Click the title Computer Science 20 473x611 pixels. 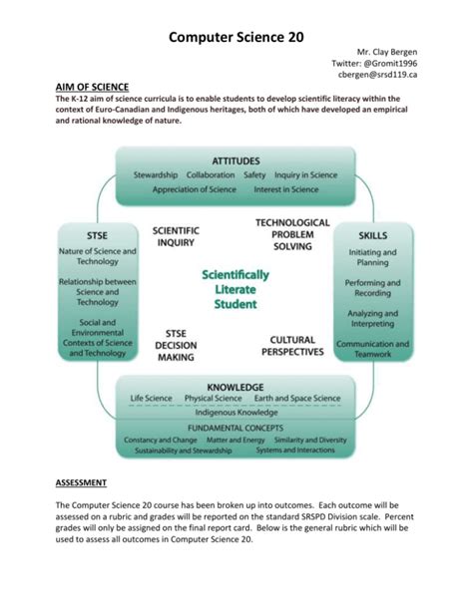[x=236, y=36]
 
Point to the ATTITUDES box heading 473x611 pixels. [x=236, y=159]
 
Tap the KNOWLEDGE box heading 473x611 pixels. [x=236, y=386]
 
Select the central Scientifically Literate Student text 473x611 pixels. [x=236, y=288]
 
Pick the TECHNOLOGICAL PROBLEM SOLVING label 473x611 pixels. [x=292, y=234]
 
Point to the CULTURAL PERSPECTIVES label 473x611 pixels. [x=292, y=345]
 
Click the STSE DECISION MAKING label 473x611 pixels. [x=175, y=345]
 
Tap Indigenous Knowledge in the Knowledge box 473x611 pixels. [x=236, y=411]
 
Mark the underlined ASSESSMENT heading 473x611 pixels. [x=82, y=482]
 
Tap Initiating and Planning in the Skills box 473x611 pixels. [x=372, y=259]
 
